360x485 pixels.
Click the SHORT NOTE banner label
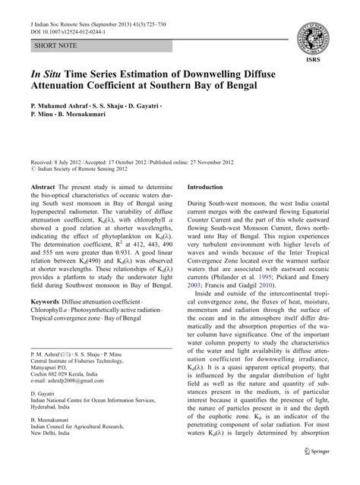[55, 46]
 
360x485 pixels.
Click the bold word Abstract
[45, 186]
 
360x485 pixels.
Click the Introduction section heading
[210, 186]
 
